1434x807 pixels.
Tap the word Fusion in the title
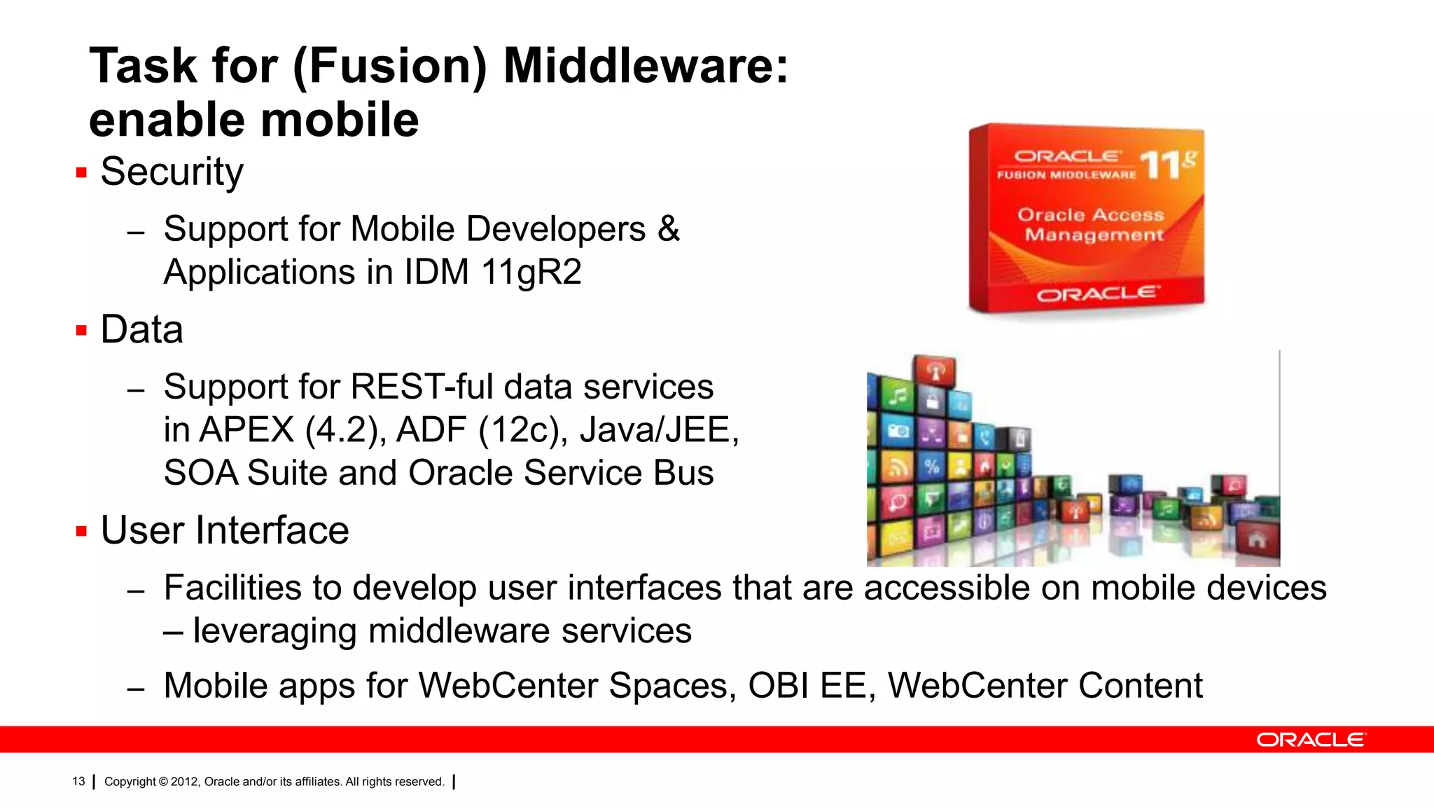pos(389,67)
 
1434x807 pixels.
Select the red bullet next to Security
pos(81,172)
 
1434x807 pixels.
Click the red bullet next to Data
pos(81,330)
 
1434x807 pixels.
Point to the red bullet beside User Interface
pos(81,531)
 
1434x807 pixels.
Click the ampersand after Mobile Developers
pos(669,229)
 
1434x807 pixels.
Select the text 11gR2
pos(531,273)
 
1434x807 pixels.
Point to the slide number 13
pos(78,782)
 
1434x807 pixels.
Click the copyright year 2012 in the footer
pos(184,782)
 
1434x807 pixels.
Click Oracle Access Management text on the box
pos(1092,225)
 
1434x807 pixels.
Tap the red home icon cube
pos(1258,540)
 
